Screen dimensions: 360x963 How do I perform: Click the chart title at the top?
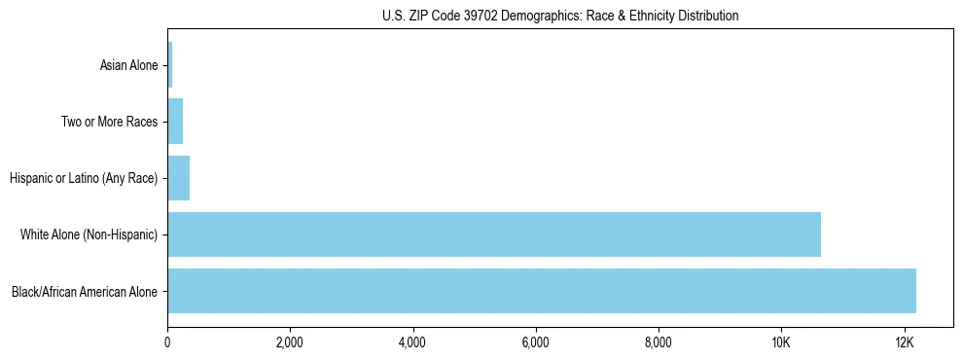pyautogui.click(x=559, y=16)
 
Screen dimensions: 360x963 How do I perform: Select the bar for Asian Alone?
pyautogui.click(x=170, y=65)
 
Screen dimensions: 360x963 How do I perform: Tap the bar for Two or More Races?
pyautogui.click(x=175, y=122)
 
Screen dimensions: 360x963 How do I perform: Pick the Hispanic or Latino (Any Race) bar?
pyautogui.click(x=179, y=178)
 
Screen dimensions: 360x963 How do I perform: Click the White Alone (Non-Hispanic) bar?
pyautogui.click(x=494, y=234)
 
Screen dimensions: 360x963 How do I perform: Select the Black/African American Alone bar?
pyautogui.click(x=542, y=291)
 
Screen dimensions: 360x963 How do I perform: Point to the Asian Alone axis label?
pyautogui.click(x=128, y=66)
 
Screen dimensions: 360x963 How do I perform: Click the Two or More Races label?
pyautogui.click(x=109, y=123)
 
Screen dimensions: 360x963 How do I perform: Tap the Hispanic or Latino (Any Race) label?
pyautogui.click(x=83, y=179)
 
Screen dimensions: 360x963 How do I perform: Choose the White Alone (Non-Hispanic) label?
pyautogui.click(x=89, y=235)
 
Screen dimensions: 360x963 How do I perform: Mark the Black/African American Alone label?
pyautogui.click(x=85, y=292)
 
